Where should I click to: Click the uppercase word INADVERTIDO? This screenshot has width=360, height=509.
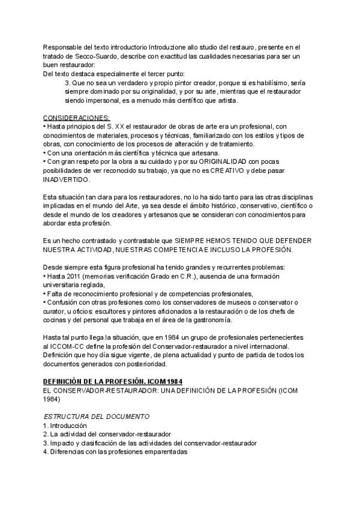(67, 179)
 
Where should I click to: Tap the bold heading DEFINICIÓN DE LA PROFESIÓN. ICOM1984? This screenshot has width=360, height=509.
(113, 381)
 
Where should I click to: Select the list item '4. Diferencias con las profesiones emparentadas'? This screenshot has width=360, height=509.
(115, 452)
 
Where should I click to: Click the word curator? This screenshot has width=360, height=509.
(55, 312)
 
